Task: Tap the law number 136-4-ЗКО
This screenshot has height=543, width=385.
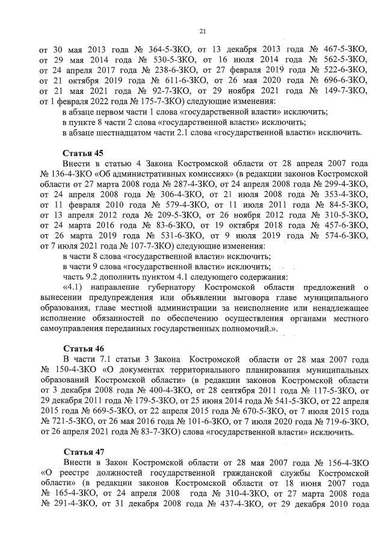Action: coord(72,174)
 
